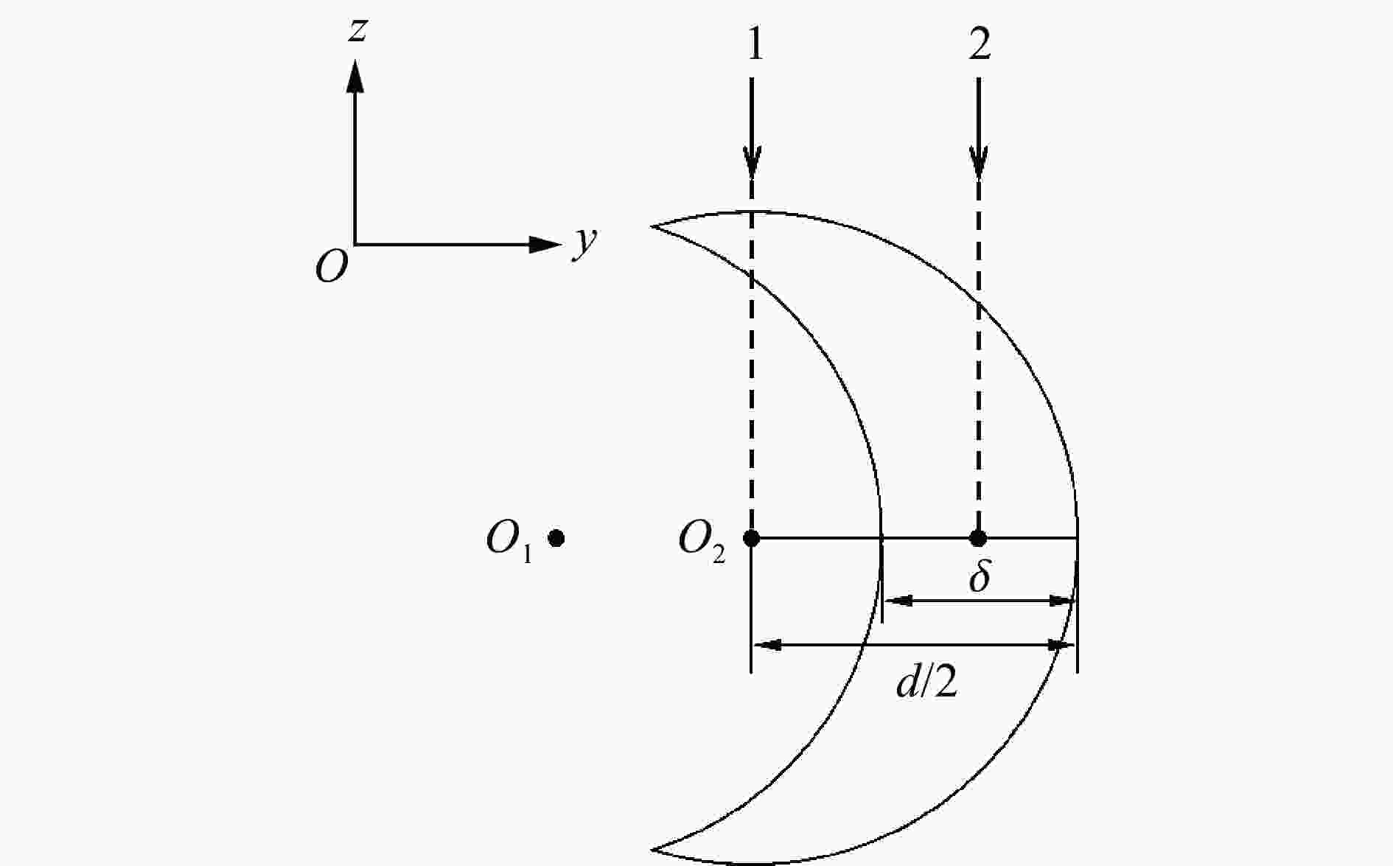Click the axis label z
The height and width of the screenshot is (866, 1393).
[x=357, y=32]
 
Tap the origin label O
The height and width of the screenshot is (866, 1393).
[x=332, y=266]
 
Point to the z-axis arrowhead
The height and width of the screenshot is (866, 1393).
[x=355, y=75]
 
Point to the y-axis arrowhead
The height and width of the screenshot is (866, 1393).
[x=545, y=245]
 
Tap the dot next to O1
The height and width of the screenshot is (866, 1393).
[x=556, y=539]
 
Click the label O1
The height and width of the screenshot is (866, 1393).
[x=509, y=541]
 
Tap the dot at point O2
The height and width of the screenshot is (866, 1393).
[x=751, y=538]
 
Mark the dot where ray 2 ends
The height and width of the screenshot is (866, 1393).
[x=978, y=538]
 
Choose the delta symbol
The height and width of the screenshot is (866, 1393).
[x=980, y=576]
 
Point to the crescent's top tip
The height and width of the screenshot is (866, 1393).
[x=652, y=226]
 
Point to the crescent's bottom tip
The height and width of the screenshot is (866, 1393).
[x=652, y=850]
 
